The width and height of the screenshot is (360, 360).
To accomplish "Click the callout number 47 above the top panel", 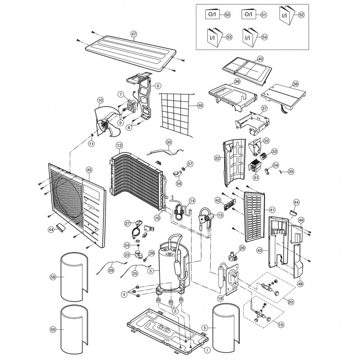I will (x=134, y=34).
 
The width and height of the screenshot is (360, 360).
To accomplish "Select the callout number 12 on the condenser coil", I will (x=119, y=145).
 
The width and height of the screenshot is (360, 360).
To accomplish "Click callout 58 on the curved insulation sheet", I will (x=53, y=278).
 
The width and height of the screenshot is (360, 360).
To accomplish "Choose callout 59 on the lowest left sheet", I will (x=53, y=329).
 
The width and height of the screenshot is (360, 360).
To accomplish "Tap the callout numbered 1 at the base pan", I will (x=207, y=350).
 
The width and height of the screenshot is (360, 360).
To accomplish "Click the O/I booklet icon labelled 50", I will (x=211, y=15).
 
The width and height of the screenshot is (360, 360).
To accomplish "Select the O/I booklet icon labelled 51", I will (x=248, y=15).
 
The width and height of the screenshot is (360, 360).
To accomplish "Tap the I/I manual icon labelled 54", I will (x=248, y=37).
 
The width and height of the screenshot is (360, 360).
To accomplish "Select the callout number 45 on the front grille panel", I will (x=89, y=170).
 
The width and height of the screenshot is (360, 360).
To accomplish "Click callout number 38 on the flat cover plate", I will (x=295, y=84).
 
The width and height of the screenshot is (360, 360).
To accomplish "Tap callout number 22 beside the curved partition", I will (x=217, y=158).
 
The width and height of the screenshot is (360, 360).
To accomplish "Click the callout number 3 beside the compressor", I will (x=151, y=270).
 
